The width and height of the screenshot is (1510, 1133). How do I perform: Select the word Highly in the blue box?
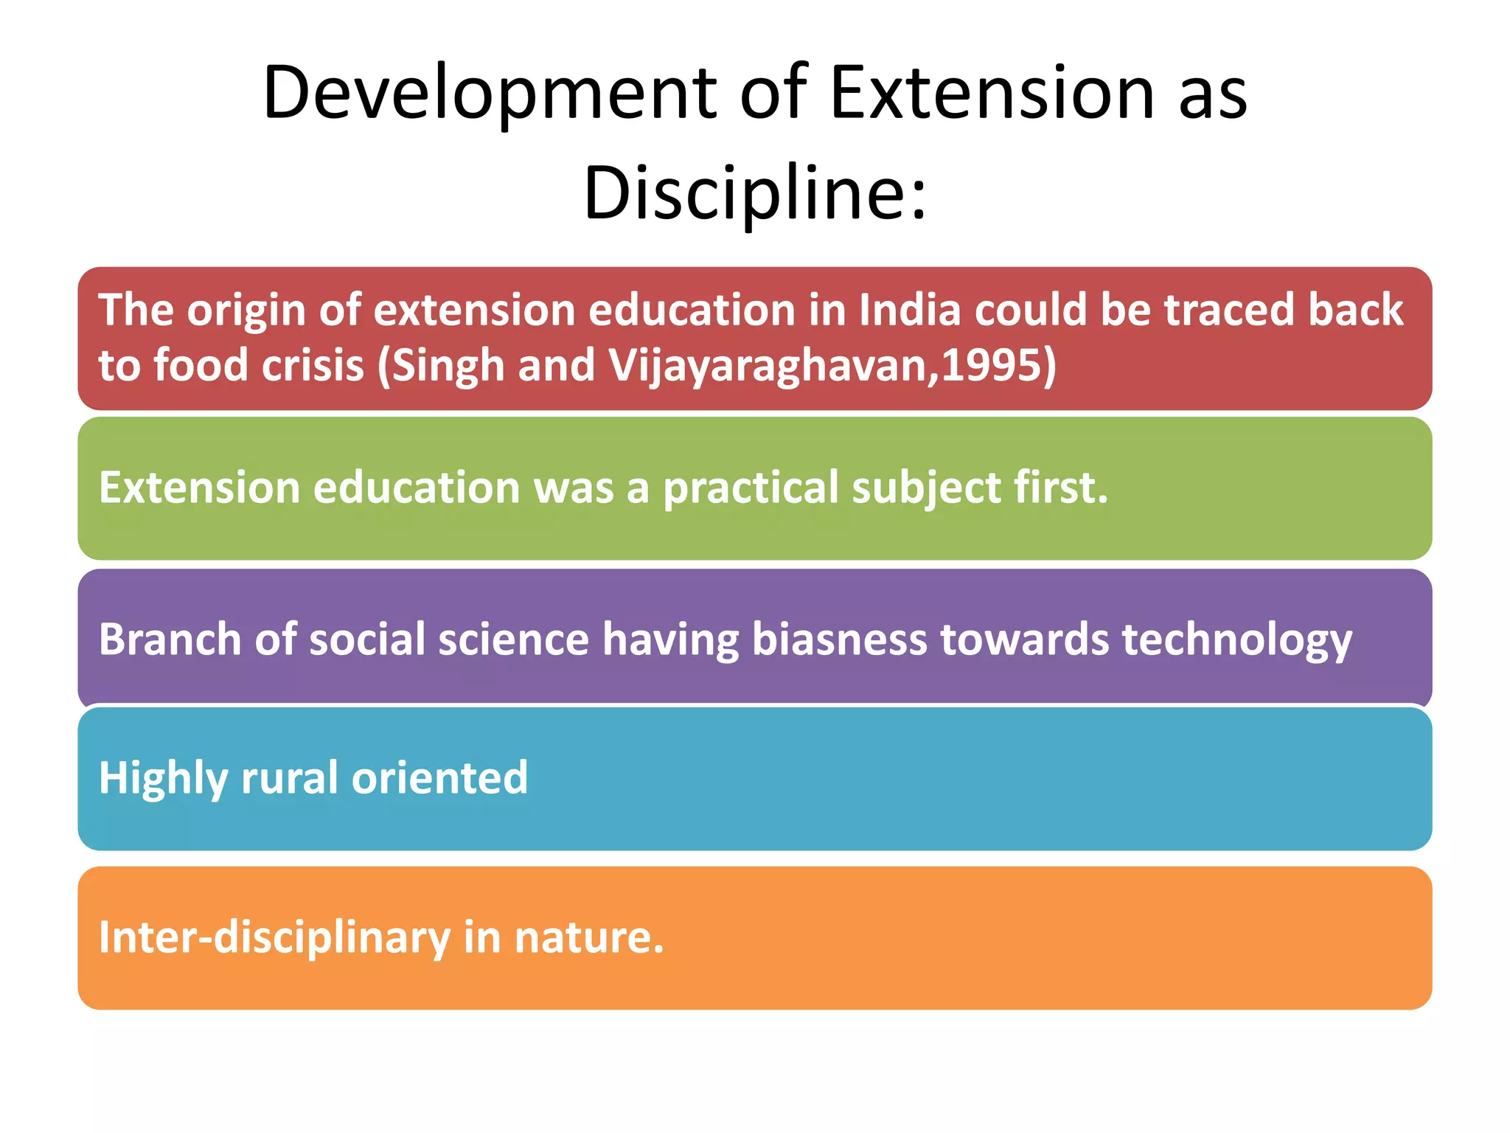coord(163,778)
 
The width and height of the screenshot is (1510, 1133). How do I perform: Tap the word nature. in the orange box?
coord(589,938)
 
